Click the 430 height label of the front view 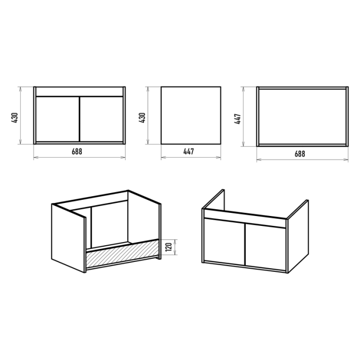coord(15,117)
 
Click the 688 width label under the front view coord(77,151)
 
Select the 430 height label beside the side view coord(142,117)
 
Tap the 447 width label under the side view coord(188,151)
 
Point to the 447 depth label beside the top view coord(237,119)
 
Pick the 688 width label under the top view coord(300,154)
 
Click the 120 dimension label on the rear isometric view coord(169,247)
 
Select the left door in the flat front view coord(57,119)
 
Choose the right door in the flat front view coord(101,119)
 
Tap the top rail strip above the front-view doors coord(79,92)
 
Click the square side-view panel coord(191,115)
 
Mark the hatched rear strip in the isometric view coord(123,254)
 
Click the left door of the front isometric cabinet coord(224,241)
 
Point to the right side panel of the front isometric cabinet coord(298,236)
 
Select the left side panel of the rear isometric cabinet coord(68,238)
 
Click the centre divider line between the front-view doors coord(79,119)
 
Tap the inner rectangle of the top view coord(303,117)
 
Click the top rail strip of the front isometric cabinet coord(245,219)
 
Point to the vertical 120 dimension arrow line coord(176,247)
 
